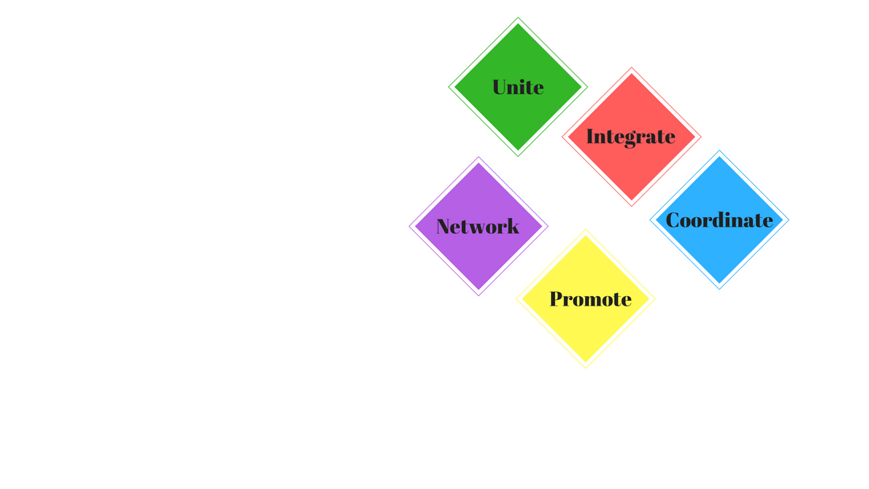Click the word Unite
tap(517, 87)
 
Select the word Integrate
tap(631, 137)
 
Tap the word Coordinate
tap(719, 220)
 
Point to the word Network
tap(478, 226)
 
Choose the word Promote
tap(591, 299)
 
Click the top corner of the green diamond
tap(518, 17)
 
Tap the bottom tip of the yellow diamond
tap(586, 368)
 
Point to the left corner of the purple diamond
tap(409, 227)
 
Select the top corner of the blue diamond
tap(719, 150)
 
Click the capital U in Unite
tap(501, 87)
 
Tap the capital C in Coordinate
tap(674, 220)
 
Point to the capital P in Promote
tap(558, 299)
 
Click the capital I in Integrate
tap(591, 136)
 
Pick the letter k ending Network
tap(513, 226)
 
